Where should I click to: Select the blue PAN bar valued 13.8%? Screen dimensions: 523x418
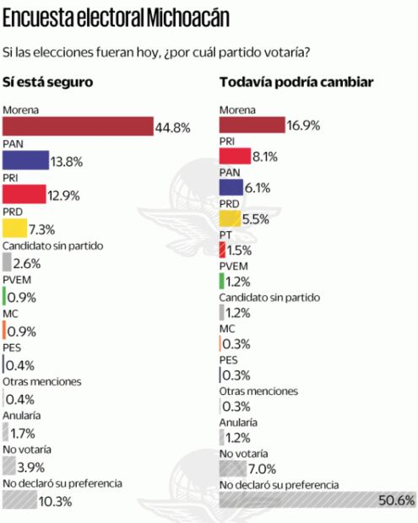25,160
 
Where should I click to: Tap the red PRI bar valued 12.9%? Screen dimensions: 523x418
24,194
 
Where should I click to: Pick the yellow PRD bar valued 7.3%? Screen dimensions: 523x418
15,229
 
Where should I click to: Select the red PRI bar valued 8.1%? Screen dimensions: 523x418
235,156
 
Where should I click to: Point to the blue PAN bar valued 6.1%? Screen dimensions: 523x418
231,187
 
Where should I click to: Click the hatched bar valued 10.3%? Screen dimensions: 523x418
19,500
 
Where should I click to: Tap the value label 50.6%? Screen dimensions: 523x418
397,500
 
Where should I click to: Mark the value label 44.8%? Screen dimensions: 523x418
171,127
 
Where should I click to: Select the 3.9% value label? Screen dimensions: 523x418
32,466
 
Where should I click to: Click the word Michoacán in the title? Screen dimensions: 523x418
186,17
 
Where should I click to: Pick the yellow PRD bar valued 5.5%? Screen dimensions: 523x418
230,218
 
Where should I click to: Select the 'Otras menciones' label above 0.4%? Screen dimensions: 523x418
42,381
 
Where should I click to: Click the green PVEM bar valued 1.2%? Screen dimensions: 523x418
221,281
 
